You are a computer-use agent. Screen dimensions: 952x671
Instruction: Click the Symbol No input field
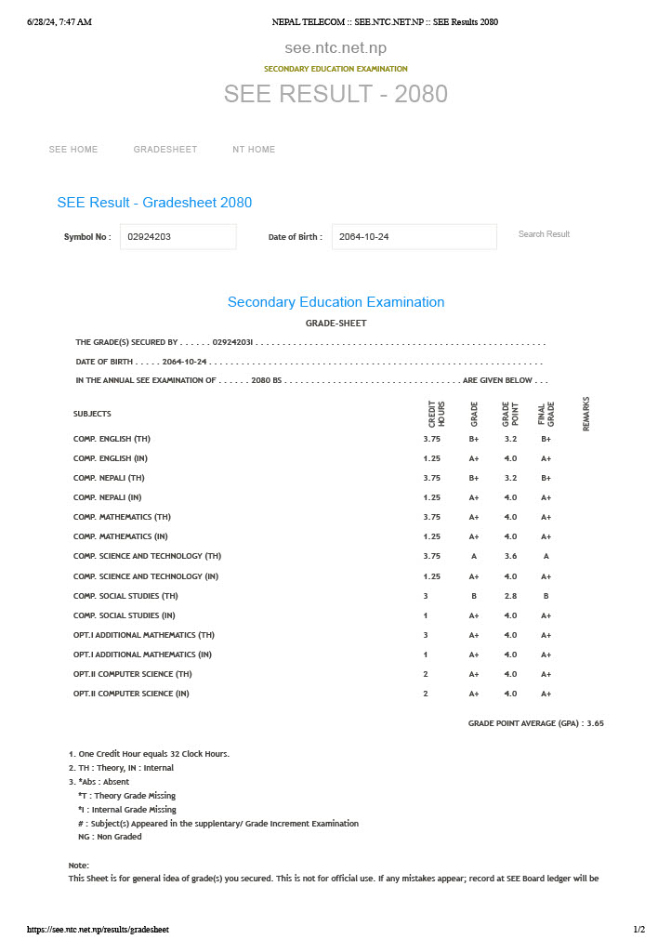pyautogui.click(x=178, y=237)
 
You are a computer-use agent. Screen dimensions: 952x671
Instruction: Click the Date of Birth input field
pyautogui.click(x=414, y=237)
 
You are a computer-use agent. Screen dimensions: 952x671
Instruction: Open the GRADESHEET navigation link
pyautogui.click(x=165, y=150)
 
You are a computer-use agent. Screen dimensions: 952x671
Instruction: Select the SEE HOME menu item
pyautogui.click(x=73, y=150)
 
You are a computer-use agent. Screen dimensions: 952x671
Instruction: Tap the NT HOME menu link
pyautogui.click(x=254, y=150)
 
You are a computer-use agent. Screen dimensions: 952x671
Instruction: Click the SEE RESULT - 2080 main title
pyautogui.click(x=335, y=94)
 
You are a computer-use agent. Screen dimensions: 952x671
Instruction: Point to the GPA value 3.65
pyautogui.click(x=595, y=723)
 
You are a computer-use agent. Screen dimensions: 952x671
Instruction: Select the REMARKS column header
pyautogui.click(x=586, y=414)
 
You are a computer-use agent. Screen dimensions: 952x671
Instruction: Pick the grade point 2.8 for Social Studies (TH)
pyautogui.click(x=510, y=596)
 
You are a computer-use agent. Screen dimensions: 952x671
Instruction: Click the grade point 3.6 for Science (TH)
pyautogui.click(x=510, y=556)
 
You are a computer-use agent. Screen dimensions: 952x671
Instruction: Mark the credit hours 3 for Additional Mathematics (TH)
pyautogui.click(x=426, y=635)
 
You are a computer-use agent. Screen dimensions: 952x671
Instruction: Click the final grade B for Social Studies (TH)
pyautogui.click(x=546, y=596)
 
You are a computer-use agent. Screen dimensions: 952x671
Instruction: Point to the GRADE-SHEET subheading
pyautogui.click(x=335, y=324)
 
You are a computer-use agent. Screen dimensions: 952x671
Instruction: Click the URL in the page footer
pyautogui.click(x=99, y=930)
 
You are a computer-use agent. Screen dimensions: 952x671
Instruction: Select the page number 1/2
pyautogui.click(x=638, y=930)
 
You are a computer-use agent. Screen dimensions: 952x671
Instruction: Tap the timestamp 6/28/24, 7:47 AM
pyautogui.click(x=59, y=21)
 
